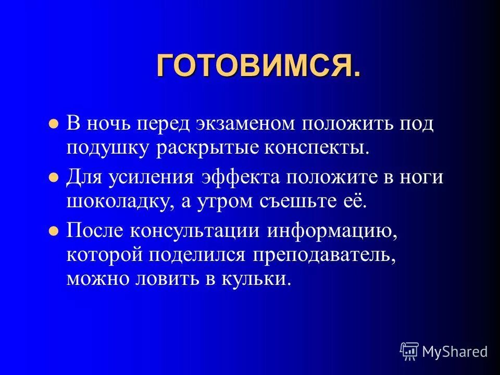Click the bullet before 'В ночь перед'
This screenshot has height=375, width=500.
53,125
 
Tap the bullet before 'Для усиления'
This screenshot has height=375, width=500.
53,178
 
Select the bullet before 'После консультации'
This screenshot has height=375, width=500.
53,231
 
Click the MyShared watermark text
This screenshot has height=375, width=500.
455,352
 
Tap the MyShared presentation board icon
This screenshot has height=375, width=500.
409,352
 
